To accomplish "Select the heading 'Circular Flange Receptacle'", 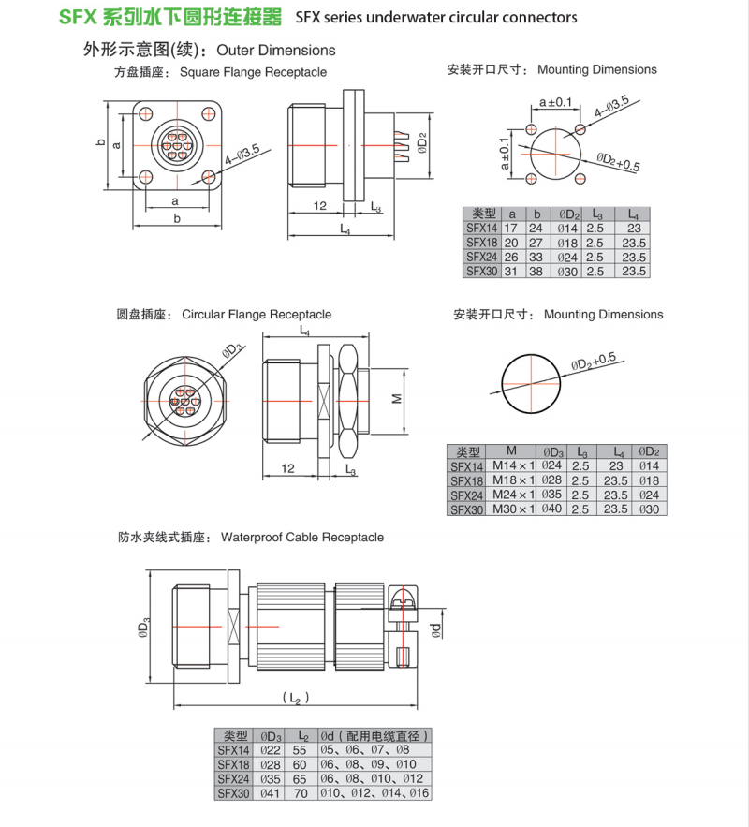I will coord(257,315).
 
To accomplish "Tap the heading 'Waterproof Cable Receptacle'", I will coord(302,538).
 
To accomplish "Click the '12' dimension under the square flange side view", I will coord(320,205).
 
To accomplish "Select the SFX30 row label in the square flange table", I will coord(481,271).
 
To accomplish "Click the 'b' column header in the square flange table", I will coord(536,213).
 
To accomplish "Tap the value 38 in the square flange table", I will coord(536,271).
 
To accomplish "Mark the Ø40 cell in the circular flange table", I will coord(553,509).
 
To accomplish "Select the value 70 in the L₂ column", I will coord(301,793).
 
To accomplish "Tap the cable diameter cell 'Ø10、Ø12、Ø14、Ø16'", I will coord(374,793).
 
